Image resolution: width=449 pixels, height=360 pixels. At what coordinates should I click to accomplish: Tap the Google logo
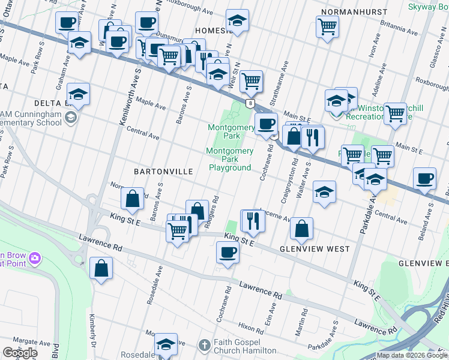pos(20,353)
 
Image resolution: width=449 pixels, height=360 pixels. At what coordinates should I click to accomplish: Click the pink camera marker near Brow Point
pos(35,259)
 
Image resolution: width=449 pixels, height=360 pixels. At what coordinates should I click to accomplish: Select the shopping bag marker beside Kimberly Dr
pos(101,268)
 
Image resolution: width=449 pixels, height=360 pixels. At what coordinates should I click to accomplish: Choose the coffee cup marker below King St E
pos(228,252)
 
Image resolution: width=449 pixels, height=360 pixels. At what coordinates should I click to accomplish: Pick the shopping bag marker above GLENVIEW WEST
pos(301,228)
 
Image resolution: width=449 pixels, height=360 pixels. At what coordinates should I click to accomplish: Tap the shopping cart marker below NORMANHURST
pos(327,26)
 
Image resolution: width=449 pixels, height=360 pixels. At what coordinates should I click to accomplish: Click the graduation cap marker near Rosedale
pos(166,344)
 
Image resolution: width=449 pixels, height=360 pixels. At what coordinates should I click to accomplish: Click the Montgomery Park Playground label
pos(229,160)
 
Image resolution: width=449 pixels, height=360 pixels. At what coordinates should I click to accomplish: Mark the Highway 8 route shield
pos(249,104)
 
